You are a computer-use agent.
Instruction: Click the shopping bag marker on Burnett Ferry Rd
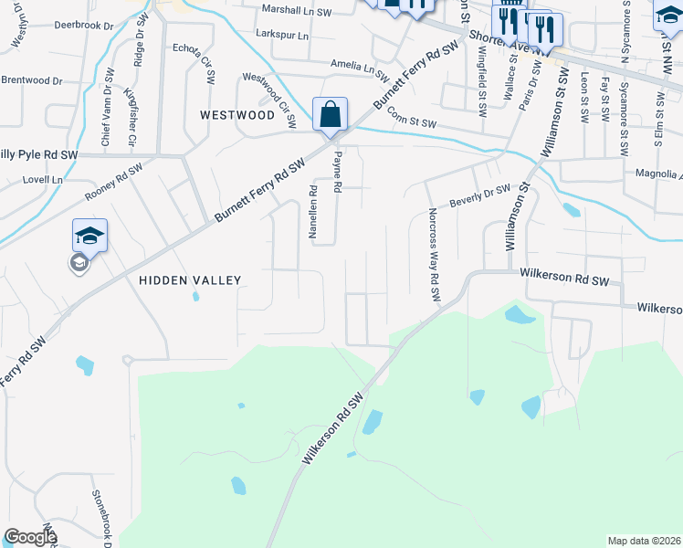[331, 115]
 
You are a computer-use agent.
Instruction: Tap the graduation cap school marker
[90, 237]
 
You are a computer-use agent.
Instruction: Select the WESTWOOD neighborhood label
[237, 116]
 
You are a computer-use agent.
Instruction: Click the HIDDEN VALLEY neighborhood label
[190, 280]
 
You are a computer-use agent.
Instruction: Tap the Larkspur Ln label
[283, 35]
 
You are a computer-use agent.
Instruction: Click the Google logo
[30, 537]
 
